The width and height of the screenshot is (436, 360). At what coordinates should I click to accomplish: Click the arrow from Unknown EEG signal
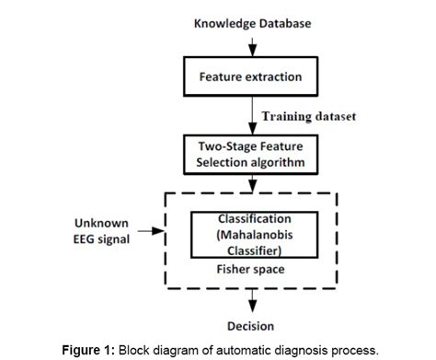pos(147,232)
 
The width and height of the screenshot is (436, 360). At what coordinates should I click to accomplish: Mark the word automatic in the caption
pos(245,350)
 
